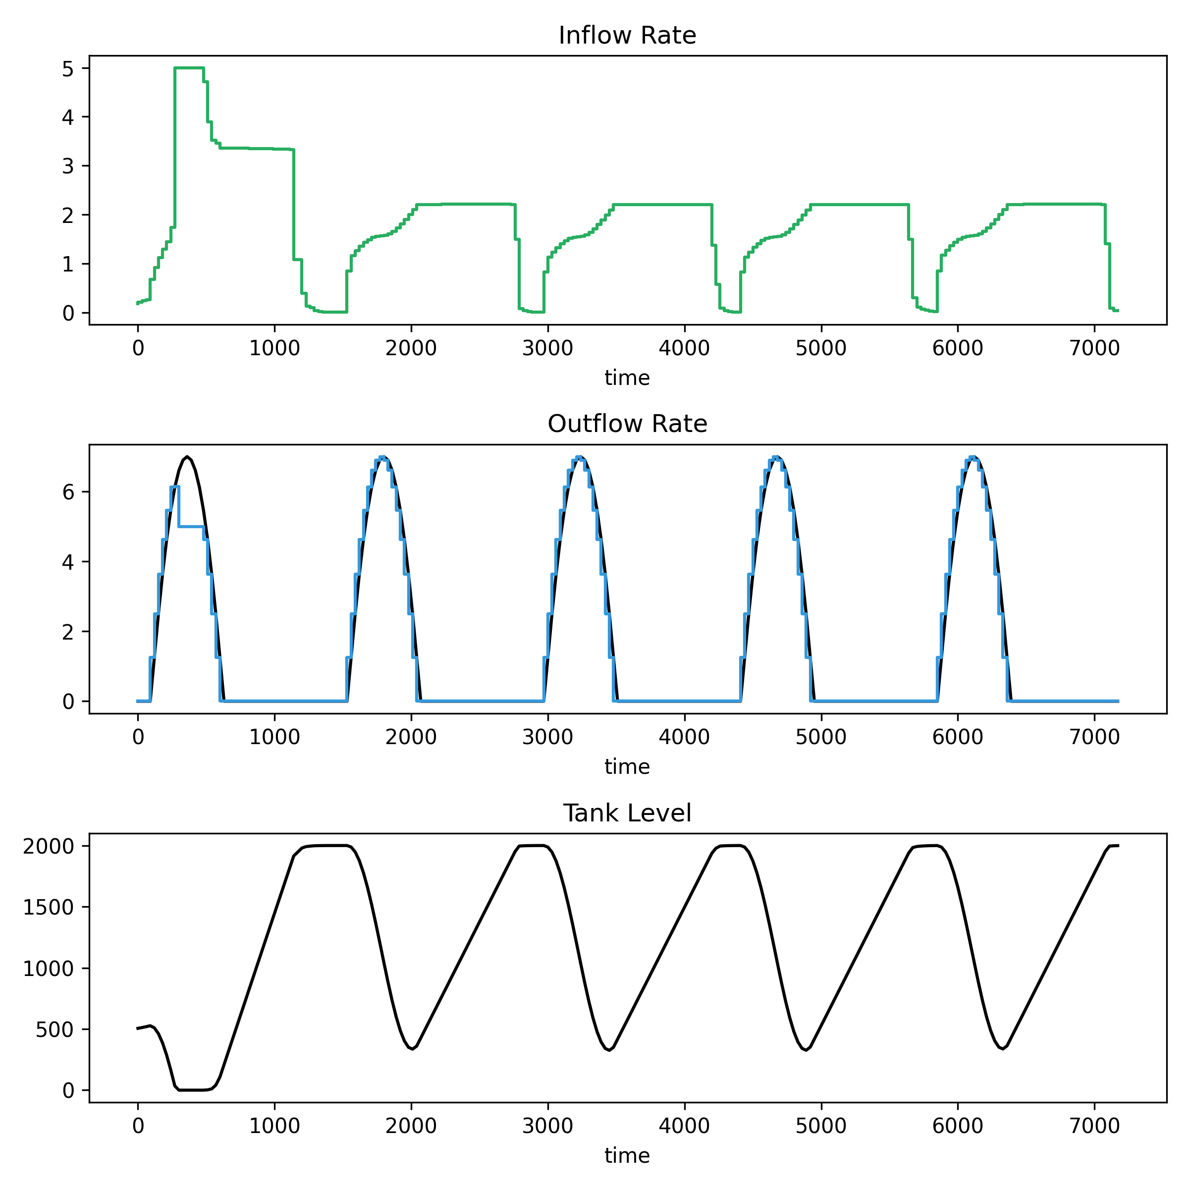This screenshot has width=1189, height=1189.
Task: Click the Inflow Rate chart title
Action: tap(627, 36)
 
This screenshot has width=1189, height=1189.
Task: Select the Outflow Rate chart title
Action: tap(627, 424)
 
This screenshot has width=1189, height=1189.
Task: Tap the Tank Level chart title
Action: tap(627, 813)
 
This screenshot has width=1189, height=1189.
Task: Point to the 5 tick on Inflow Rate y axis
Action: tap(68, 68)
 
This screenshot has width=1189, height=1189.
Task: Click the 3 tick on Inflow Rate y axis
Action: tap(68, 166)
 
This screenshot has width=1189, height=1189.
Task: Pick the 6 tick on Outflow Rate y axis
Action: tap(68, 492)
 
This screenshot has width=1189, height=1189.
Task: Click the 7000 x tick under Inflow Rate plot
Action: tap(1094, 348)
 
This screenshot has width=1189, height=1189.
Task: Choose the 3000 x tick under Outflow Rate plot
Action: tap(547, 737)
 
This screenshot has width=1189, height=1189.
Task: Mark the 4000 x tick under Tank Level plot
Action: tap(684, 1126)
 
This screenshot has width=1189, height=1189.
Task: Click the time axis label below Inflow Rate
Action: tap(627, 378)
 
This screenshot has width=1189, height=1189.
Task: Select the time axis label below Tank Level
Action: tap(627, 1156)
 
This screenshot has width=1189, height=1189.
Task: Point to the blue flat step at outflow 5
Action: tap(191, 526)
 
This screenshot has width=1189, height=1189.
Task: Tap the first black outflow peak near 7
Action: tap(187, 457)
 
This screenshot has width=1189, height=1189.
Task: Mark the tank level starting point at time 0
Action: tap(138, 1028)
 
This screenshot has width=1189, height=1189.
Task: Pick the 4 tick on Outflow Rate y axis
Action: tap(68, 562)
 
